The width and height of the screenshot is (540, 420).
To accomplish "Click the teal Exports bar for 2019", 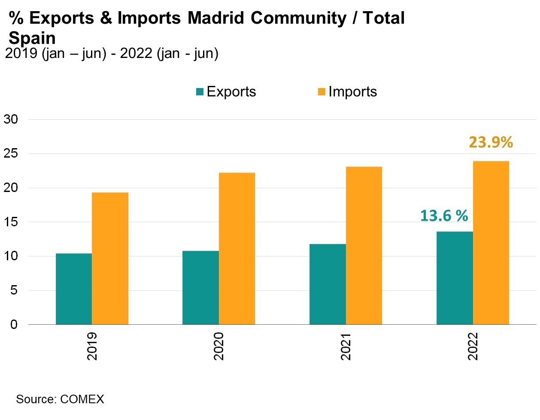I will coord(74,289).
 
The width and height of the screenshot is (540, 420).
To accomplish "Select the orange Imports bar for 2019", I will coord(110,259).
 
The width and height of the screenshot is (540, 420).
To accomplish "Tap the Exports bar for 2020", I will coord(200,288).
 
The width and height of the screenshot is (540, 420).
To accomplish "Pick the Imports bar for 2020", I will coord(237,249).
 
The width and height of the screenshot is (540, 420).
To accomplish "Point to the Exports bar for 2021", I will coord(328,284).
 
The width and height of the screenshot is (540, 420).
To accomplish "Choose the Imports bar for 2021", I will coord(364,246).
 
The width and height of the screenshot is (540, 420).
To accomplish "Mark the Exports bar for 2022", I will coord(455,278).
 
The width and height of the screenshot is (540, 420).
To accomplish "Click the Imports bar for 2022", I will coord(491,243).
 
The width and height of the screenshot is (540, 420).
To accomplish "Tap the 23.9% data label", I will coord(491,142).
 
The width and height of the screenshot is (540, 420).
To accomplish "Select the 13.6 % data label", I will coord(444,216).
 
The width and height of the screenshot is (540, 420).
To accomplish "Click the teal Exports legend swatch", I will coord(200,91).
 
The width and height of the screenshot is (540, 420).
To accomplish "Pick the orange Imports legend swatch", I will coord(322,91).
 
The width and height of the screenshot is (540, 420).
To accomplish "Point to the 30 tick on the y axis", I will coord(11,119).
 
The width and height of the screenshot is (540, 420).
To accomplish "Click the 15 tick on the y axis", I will coord(11,222).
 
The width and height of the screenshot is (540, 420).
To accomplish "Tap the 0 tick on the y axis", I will coord(14,325).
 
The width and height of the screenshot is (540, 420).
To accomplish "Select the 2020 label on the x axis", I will coord(219,346).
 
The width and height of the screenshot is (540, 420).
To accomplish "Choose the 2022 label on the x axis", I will coord(473,346).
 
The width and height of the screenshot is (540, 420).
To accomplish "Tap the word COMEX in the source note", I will coord(82,399).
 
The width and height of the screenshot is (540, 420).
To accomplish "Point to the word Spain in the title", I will coord(32,38).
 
